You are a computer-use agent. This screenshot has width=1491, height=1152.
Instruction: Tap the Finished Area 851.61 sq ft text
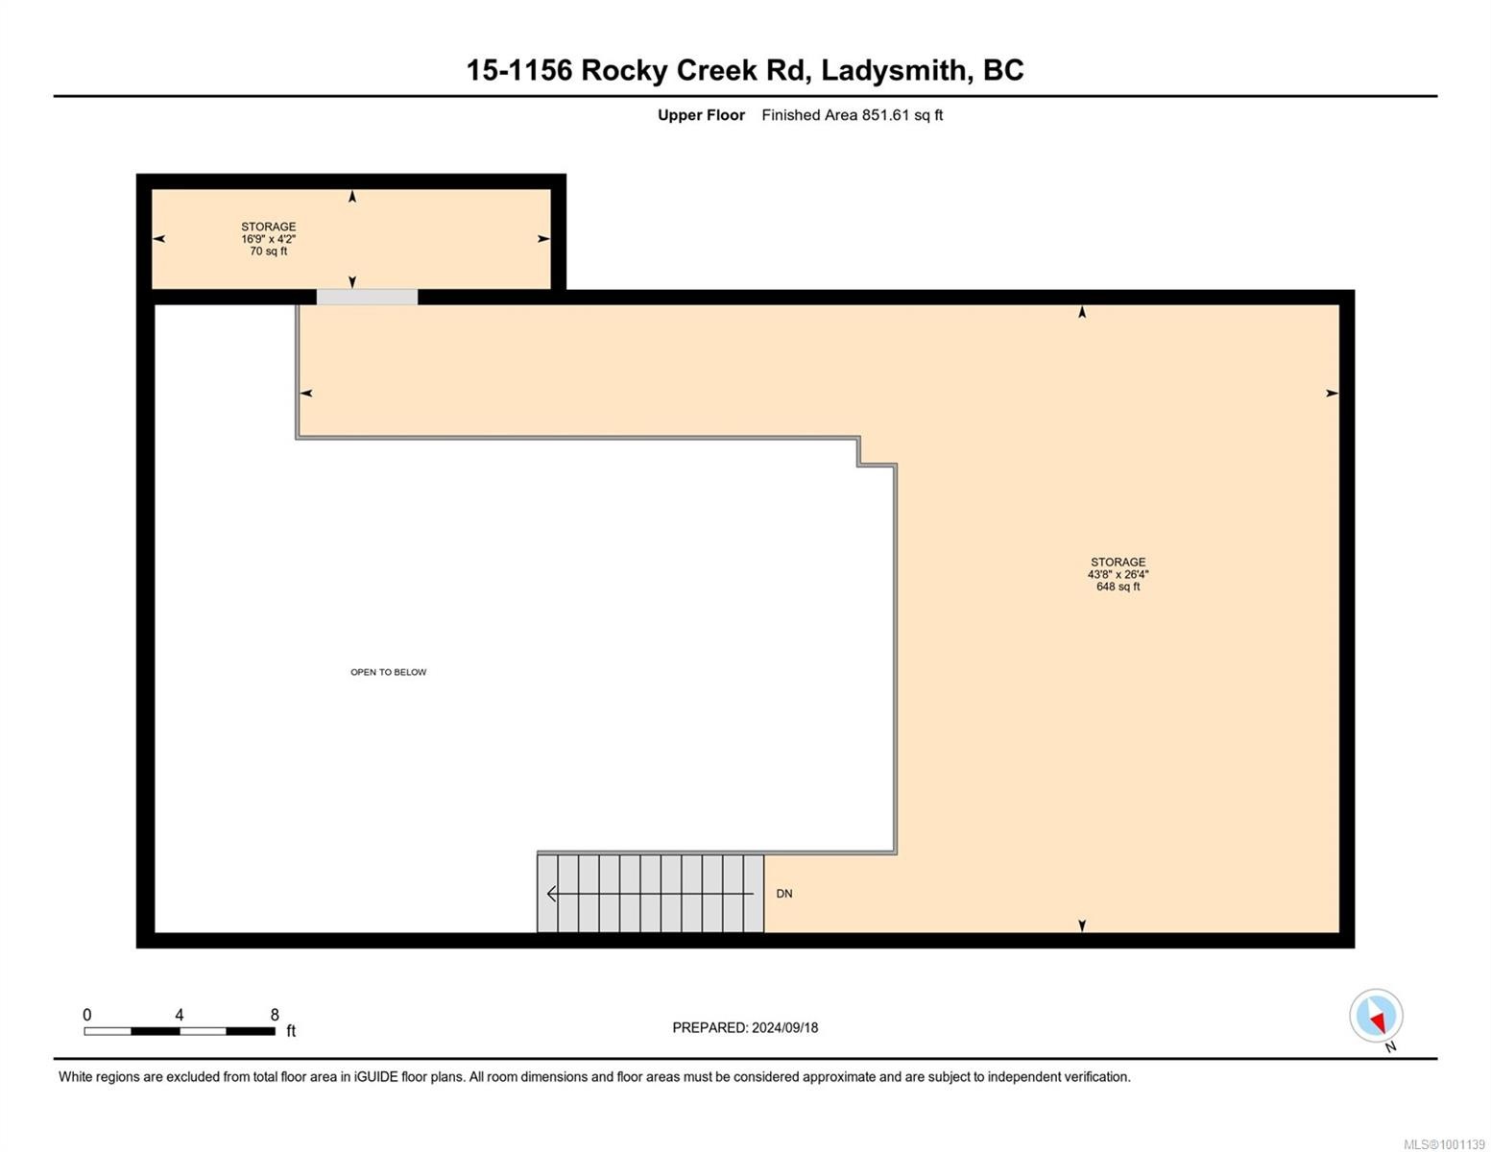coord(852,115)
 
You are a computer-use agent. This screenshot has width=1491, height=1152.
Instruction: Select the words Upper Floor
coord(701,115)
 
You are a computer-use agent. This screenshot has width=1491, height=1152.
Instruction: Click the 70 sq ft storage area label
coord(268,252)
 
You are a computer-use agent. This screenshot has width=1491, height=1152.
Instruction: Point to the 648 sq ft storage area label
coord(1118,587)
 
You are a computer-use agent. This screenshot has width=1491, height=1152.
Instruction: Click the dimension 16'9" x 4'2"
coord(268,239)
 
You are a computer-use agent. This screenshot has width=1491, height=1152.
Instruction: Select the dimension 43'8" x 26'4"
coord(1118,574)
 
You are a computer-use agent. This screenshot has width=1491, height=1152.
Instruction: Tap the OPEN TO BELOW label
coord(388,672)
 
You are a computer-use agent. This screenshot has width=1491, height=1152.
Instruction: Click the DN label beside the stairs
coord(784,894)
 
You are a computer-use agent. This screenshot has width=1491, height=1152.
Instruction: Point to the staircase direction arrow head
coord(551,894)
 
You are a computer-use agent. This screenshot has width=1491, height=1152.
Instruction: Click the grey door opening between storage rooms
coord(367,297)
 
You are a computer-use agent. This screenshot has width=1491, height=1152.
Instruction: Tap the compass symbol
coord(1376,1015)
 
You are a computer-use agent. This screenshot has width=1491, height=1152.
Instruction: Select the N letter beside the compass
coord(1391,1046)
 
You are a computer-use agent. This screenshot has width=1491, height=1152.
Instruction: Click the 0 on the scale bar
coord(87,1015)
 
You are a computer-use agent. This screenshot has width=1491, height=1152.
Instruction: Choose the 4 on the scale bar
coord(180,1015)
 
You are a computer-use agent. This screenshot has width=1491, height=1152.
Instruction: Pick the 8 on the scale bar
coord(275,1015)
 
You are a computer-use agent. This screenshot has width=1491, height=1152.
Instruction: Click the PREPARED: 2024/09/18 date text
coord(745,1027)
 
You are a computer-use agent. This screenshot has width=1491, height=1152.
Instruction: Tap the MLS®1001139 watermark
coord(1444,1144)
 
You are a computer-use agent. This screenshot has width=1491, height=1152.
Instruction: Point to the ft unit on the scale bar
coord(291,1031)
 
